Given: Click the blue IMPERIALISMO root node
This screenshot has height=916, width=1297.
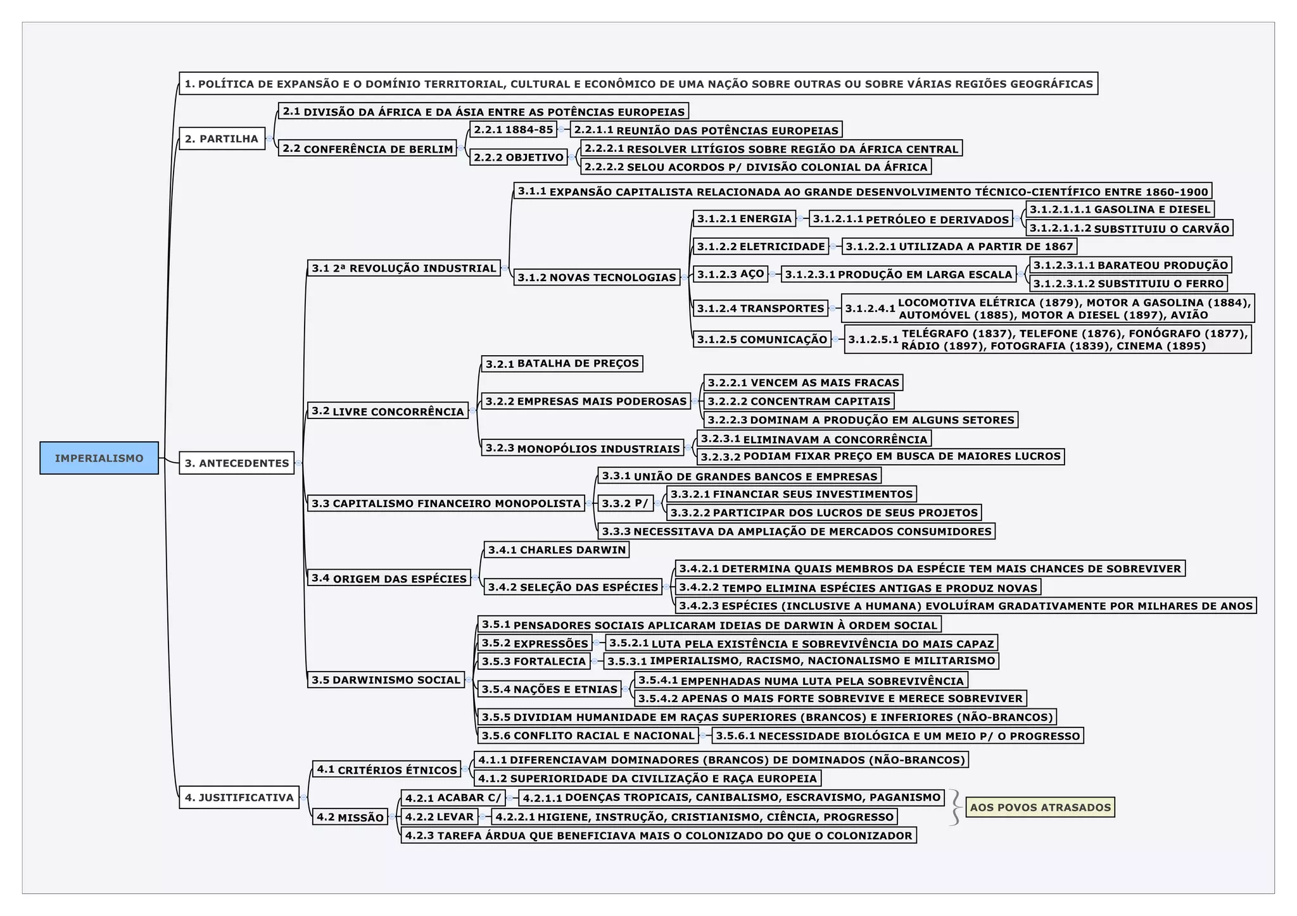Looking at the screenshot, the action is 99,458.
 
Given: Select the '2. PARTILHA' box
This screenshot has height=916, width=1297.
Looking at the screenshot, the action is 222,139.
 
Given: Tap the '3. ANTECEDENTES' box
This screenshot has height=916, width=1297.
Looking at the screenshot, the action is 236,463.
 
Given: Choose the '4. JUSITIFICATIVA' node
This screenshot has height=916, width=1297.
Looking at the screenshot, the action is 239,798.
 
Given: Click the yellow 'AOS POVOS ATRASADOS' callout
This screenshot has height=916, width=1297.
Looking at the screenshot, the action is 1040,807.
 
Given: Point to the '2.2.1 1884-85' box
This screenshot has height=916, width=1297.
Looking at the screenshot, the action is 513,130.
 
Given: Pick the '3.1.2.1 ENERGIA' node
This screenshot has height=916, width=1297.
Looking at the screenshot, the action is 744,219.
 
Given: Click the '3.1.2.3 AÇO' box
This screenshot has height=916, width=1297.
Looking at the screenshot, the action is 730,274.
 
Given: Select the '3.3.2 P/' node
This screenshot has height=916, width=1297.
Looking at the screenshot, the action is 624,503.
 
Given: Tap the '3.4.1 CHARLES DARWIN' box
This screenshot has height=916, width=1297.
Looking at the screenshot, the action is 557,549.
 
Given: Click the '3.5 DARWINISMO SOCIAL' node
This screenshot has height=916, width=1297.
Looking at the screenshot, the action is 386,680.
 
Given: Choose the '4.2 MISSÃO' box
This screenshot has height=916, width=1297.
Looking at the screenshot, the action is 350,817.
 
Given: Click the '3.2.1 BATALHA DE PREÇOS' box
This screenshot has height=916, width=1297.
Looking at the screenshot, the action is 562,363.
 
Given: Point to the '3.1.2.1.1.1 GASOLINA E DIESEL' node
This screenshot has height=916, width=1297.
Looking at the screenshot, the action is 1120,210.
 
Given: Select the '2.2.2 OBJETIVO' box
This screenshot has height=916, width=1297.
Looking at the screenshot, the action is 518,157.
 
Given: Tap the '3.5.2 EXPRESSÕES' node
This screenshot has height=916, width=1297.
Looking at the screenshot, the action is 535,643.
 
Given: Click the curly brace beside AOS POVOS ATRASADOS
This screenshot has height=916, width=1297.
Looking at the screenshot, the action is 955,807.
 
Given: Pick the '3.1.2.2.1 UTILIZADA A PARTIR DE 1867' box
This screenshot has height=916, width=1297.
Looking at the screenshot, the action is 959,246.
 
